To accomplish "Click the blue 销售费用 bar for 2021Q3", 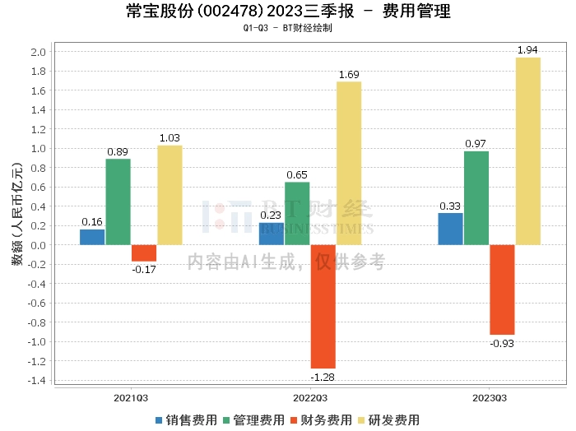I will (x=92, y=237).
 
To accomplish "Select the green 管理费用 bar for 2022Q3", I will (x=297, y=213).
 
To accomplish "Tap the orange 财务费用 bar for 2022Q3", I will (x=323, y=306).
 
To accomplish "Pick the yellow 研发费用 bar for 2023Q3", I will (x=528, y=151).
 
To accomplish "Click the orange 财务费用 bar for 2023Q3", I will (x=502, y=290).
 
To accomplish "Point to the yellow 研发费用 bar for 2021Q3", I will (x=170, y=195).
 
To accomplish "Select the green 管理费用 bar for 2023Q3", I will (x=476, y=197).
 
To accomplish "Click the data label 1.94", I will (x=528, y=51).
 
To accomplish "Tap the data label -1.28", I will (x=323, y=376).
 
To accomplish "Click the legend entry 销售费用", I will (x=186, y=419).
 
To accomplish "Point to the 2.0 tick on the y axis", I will (x=38, y=52).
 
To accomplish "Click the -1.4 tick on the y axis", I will (x=36, y=380).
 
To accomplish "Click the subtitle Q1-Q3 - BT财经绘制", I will (x=288, y=28).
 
